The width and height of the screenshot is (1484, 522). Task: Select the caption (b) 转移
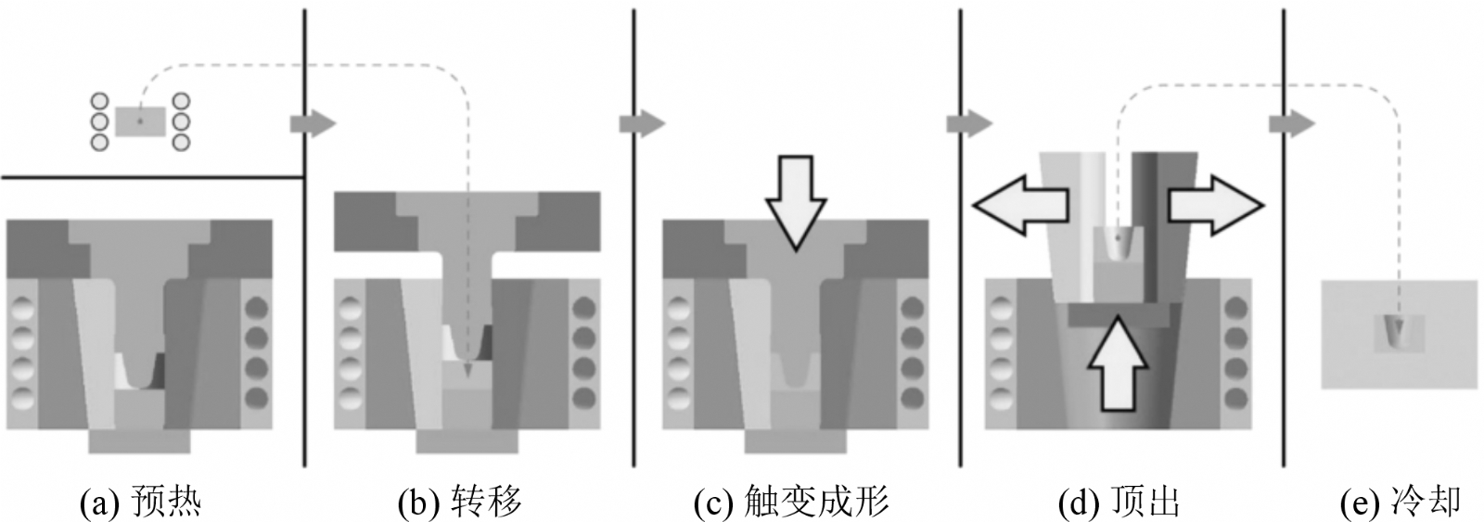coord(460,503)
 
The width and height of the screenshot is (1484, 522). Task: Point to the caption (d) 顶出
coord(1119,503)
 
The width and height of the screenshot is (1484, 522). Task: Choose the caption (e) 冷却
coord(1401,503)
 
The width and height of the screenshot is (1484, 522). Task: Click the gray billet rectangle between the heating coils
coord(141,121)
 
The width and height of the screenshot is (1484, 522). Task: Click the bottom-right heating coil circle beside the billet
coord(182,142)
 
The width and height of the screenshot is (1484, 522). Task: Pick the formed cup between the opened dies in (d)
coord(1119,245)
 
